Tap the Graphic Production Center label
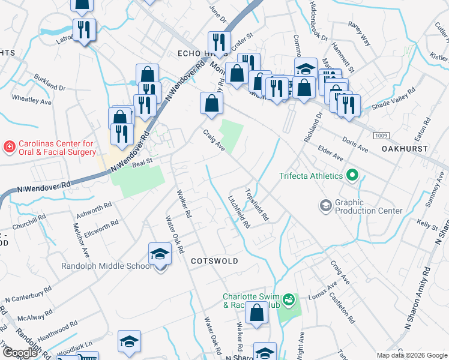click(369, 207)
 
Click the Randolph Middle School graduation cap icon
click(160, 255)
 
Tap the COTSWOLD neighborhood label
click(214, 261)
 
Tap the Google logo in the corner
click(20, 353)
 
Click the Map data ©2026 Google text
click(411, 355)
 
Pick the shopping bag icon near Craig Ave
click(211, 104)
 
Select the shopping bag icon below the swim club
click(257, 314)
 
